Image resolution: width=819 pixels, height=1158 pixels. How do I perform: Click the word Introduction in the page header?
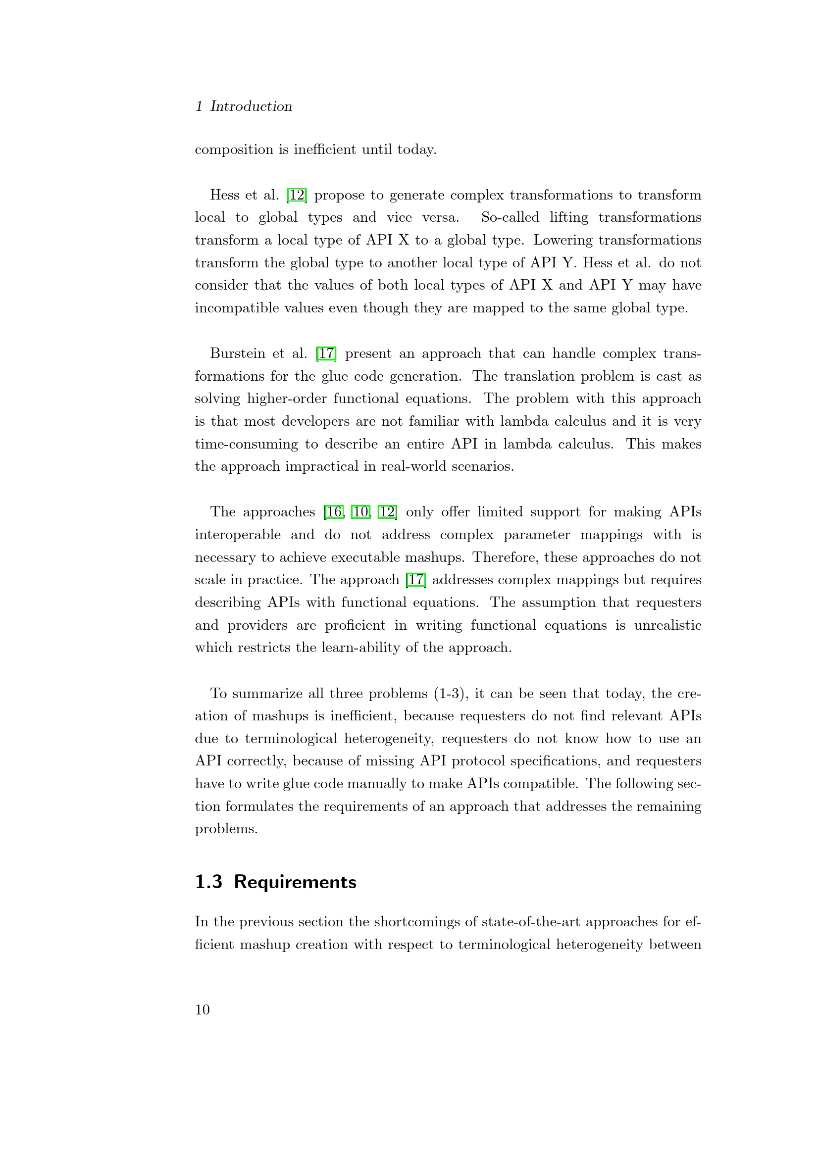point(251,106)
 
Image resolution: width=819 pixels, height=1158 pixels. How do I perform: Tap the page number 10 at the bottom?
point(202,1009)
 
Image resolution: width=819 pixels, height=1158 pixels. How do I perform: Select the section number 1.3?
point(208,882)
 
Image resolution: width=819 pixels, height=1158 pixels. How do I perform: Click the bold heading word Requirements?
point(295,882)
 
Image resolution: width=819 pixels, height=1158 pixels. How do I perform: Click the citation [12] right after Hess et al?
point(297,195)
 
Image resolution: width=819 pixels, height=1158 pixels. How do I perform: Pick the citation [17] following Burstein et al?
point(326,353)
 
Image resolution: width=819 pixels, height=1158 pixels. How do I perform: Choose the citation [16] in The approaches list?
point(334,512)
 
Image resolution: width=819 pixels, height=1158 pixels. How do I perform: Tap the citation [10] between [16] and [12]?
point(360,512)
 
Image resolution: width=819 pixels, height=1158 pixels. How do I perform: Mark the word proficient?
point(355,625)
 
